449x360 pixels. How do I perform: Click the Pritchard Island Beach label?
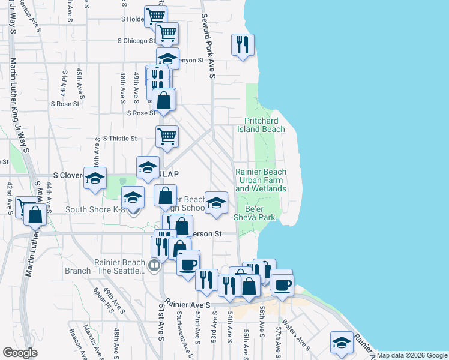pos(264,125)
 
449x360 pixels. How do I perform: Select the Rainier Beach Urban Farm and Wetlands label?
pos(261,180)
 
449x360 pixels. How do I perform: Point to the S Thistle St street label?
pos(120,138)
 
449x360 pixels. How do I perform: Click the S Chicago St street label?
pos(137,41)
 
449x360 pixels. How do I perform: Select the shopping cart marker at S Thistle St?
pos(167,136)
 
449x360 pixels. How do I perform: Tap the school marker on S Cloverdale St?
pos(95,179)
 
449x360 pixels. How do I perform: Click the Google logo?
pos(20,353)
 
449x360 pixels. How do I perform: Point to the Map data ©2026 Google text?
pos(412,355)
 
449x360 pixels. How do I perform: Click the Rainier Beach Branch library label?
pos(120,266)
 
